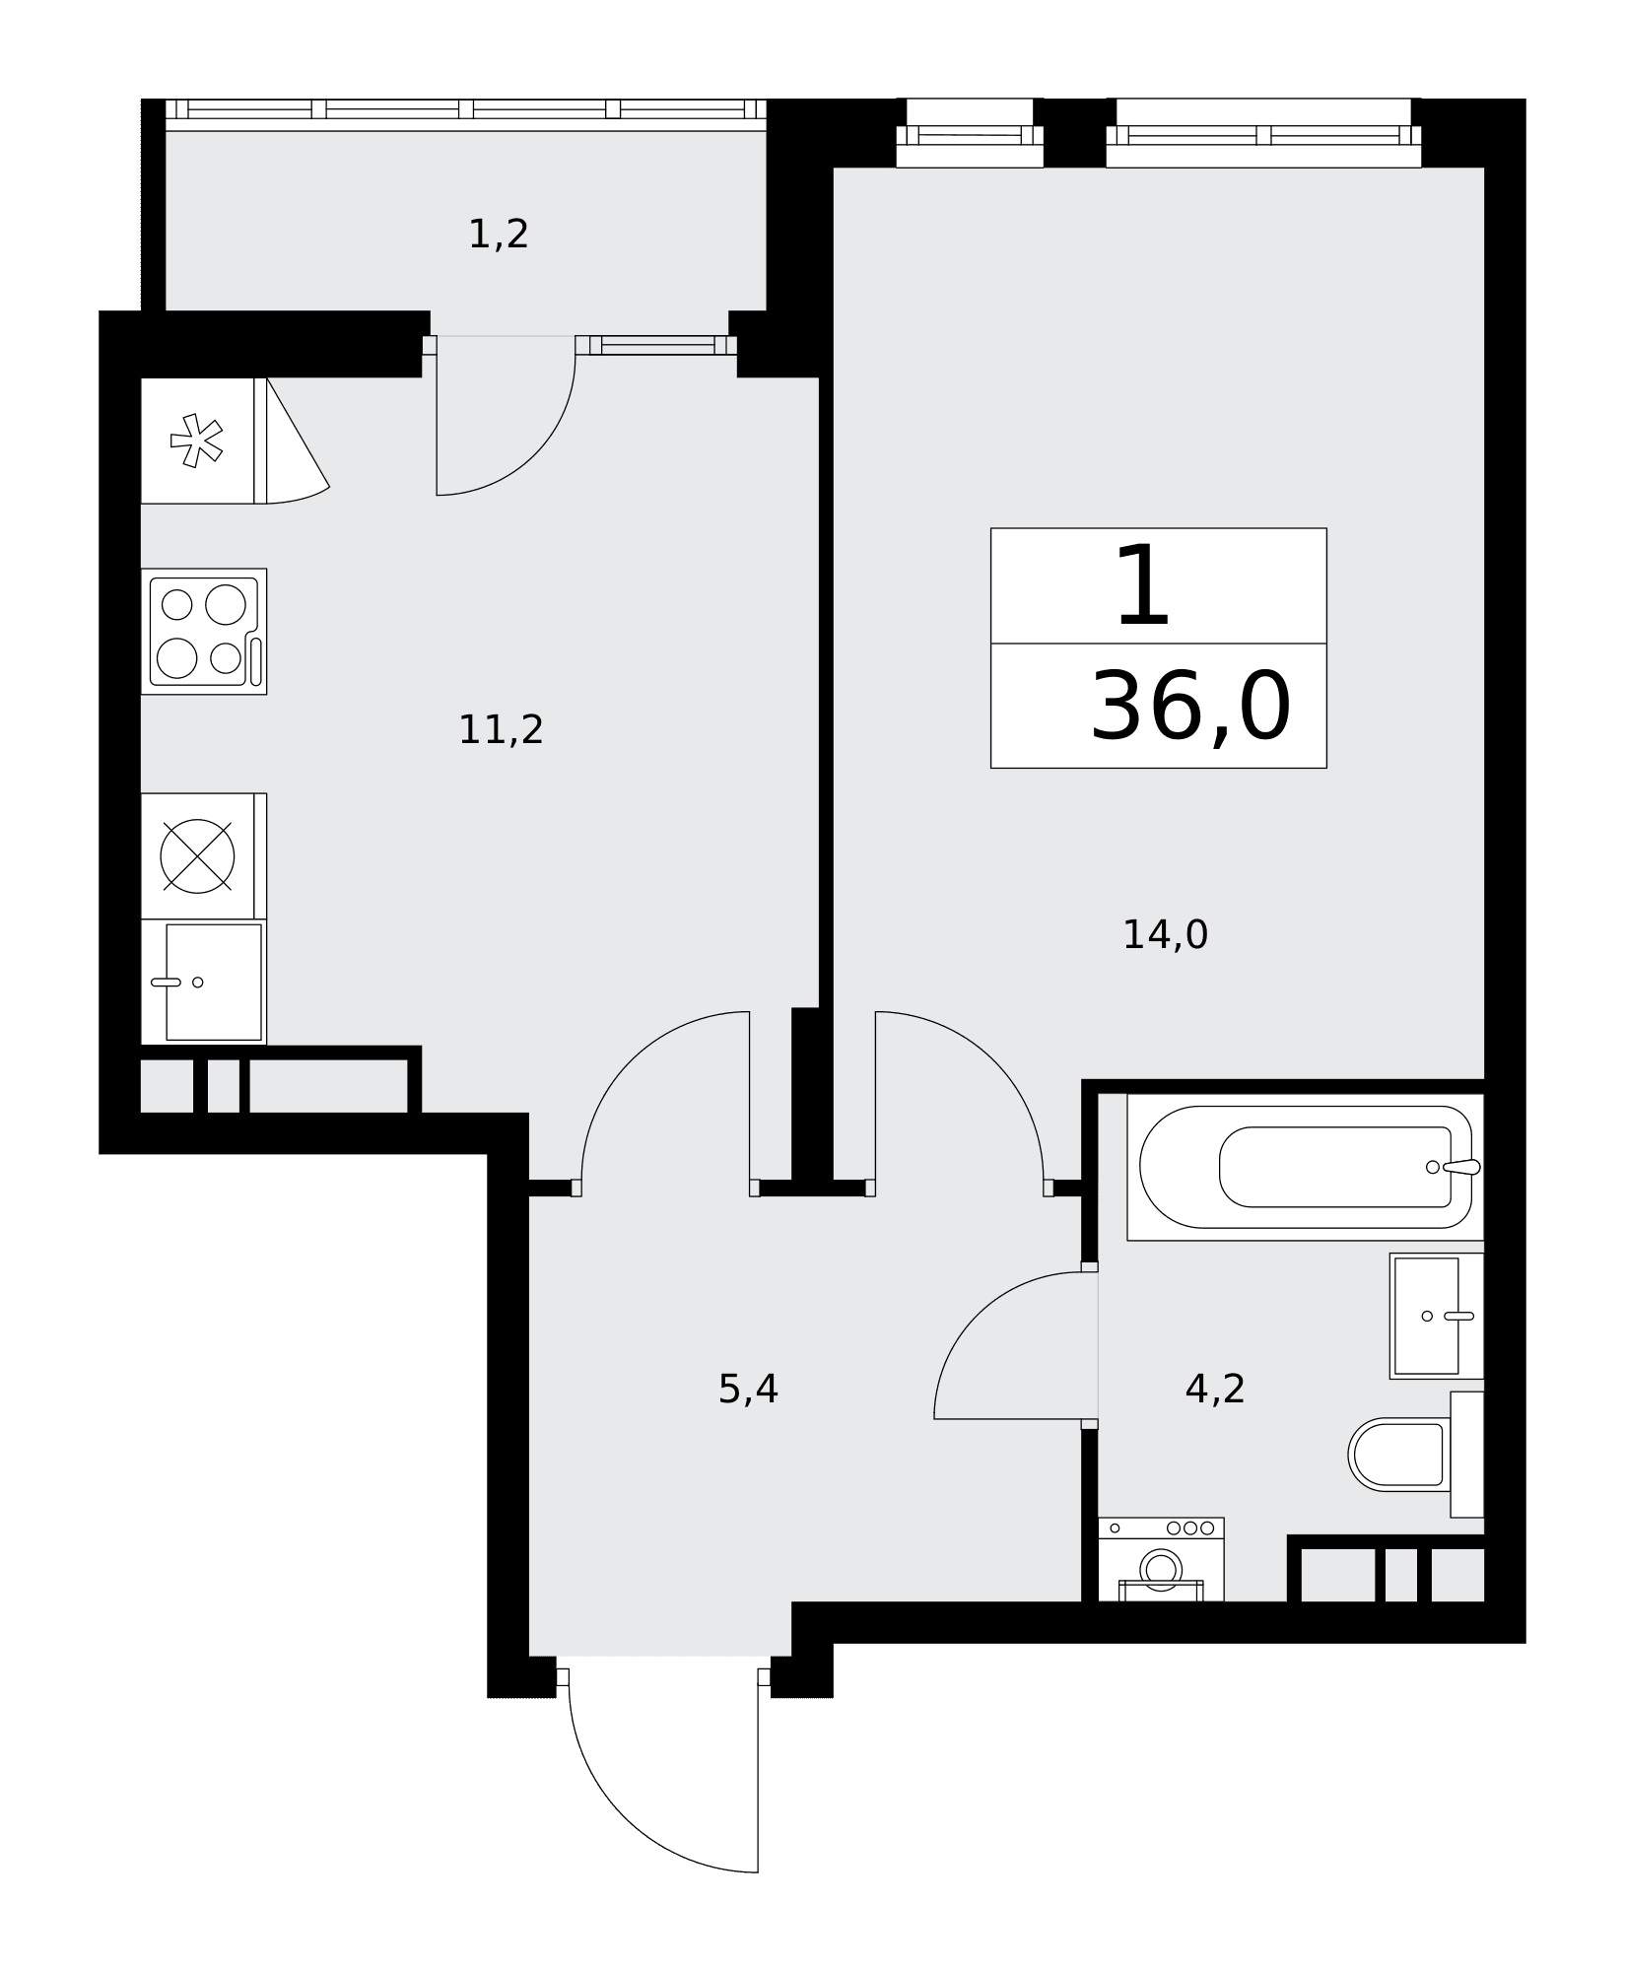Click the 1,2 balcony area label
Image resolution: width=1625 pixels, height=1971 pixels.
pyautogui.click(x=499, y=235)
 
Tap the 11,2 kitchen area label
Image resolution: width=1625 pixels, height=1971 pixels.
pyautogui.click(x=501, y=730)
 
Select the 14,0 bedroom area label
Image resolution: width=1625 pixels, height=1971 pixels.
pyautogui.click(x=1165, y=935)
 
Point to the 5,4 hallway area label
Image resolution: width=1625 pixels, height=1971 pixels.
pyautogui.click(x=748, y=1390)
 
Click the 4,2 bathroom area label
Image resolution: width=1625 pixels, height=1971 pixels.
pyautogui.click(x=1215, y=1390)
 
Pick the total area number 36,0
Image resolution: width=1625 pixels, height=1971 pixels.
pyautogui.click(x=1190, y=707)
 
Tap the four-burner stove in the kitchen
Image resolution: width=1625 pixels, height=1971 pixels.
pyautogui.click(x=204, y=632)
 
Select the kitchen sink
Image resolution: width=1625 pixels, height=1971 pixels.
pyautogui.click(x=204, y=982)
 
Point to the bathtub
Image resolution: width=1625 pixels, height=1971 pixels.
pyautogui.click(x=1306, y=1167)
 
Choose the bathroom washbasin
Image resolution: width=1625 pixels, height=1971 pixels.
pyautogui.click(x=1437, y=1316)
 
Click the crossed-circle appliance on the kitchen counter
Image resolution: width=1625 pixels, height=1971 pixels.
pyautogui.click(x=197, y=855)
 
